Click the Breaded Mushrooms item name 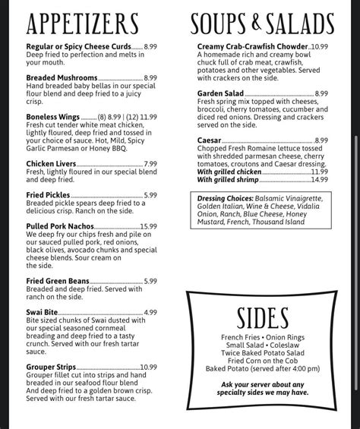[62, 77]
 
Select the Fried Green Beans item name [60, 281]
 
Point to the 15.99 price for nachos [148, 226]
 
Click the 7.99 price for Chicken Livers [150, 163]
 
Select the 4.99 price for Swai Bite [150, 312]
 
